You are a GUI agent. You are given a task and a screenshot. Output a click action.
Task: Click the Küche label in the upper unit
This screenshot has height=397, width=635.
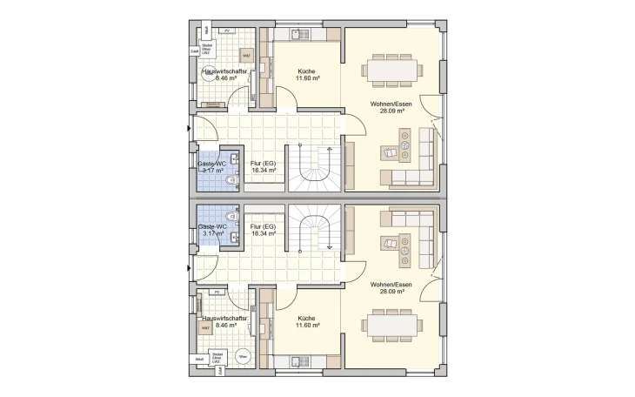tap(306, 71)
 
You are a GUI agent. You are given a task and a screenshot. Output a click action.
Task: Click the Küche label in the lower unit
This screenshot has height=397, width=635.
tap(306, 318)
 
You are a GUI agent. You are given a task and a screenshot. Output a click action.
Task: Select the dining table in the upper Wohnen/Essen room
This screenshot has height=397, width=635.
tap(391, 70)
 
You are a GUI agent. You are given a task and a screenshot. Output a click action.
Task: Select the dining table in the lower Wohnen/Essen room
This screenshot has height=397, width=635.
tap(391, 326)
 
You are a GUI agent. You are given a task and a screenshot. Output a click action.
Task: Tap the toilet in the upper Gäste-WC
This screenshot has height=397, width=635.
tap(231, 181)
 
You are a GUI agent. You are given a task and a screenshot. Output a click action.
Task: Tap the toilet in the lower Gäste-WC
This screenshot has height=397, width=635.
tap(231, 215)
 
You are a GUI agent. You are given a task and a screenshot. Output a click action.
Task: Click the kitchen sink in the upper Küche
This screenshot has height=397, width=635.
tap(301, 35)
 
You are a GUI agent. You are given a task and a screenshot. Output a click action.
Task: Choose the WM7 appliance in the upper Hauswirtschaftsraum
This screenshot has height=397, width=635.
tap(246, 56)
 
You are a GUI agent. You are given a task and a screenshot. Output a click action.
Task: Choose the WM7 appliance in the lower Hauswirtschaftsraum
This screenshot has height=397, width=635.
tap(205, 328)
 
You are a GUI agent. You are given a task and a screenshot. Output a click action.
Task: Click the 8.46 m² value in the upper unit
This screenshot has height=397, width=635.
tap(226, 78)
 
